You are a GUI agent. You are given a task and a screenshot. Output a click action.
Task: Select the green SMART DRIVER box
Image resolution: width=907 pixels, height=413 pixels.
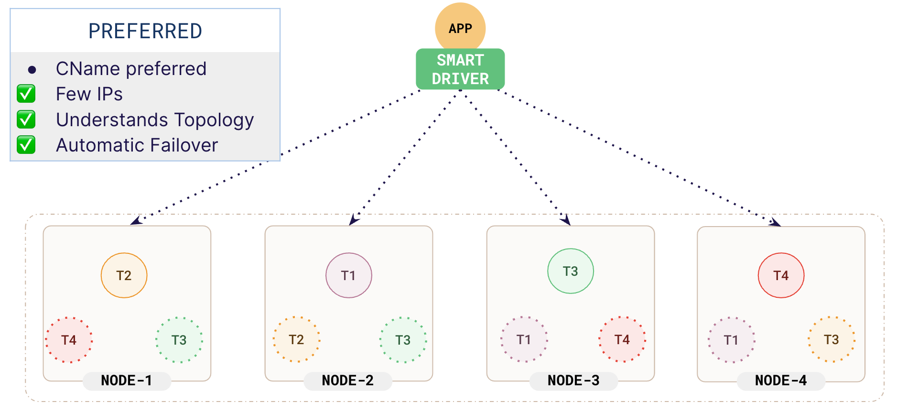(x=460, y=69)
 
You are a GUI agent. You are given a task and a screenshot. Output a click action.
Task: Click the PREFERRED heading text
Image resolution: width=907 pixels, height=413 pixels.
(x=145, y=32)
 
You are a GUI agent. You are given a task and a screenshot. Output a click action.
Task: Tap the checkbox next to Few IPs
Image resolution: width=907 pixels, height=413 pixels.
(x=26, y=94)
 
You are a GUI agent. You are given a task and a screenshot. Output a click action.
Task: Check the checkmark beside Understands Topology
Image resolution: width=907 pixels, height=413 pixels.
(x=26, y=120)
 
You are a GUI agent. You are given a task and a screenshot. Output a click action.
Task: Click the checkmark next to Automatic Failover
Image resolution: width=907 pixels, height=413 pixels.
(x=26, y=145)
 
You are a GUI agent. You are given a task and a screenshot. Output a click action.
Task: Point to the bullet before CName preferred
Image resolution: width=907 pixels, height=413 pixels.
(x=32, y=70)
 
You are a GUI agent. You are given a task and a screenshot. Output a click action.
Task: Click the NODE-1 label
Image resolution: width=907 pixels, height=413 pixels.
(x=127, y=381)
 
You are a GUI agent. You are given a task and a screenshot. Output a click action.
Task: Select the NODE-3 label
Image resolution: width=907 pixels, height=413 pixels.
(x=573, y=381)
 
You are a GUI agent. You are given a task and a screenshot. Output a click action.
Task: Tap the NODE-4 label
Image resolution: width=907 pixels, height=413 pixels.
(x=781, y=381)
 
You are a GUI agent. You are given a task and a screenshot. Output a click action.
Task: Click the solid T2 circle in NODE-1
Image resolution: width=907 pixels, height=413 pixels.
(x=124, y=275)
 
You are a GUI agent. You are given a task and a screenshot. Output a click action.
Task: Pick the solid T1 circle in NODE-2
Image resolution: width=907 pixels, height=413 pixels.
(x=348, y=275)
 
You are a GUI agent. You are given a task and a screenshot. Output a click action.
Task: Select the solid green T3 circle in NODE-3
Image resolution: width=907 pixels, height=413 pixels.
(x=570, y=271)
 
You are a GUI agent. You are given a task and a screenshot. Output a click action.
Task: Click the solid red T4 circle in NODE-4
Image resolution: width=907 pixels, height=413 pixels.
(x=781, y=275)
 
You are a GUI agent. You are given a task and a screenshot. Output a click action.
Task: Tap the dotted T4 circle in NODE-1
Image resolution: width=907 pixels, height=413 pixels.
(x=69, y=340)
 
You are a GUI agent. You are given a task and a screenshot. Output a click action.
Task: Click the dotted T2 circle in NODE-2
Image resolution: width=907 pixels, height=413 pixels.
(x=296, y=339)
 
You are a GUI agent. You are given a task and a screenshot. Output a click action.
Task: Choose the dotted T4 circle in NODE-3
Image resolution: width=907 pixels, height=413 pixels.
(x=622, y=339)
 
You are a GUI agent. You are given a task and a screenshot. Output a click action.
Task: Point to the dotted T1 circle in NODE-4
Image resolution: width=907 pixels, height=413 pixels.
(x=731, y=340)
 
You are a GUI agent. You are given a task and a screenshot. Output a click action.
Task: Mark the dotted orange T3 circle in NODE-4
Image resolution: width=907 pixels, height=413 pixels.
(x=831, y=339)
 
